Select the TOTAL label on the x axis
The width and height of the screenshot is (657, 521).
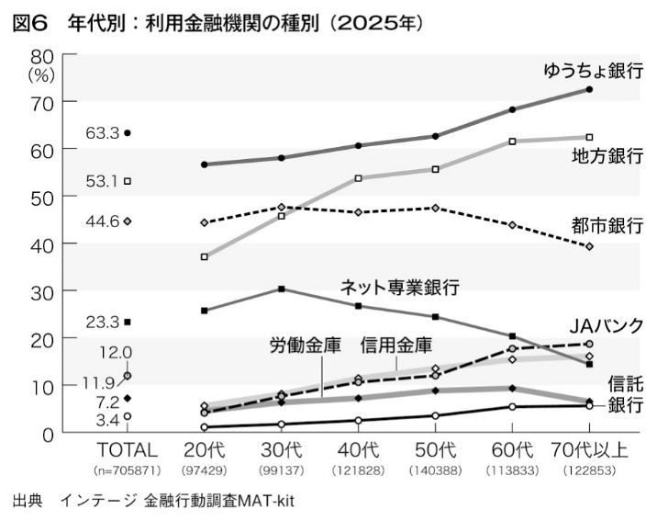point(128,450)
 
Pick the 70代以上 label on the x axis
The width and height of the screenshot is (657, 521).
point(589,450)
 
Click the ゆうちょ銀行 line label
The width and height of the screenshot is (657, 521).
point(593,71)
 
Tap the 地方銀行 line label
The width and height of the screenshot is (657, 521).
point(607,153)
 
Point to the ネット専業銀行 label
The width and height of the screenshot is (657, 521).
point(399,287)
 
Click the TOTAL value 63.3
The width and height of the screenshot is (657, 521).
point(103,133)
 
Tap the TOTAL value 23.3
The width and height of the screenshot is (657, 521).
point(103,322)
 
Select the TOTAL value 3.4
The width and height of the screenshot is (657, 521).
point(107,420)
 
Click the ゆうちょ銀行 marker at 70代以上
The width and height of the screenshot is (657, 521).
point(589,89)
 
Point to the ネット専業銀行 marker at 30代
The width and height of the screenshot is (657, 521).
point(282,289)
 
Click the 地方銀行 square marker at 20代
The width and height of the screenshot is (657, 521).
point(205,256)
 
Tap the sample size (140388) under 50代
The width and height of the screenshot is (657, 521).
point(436,470)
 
